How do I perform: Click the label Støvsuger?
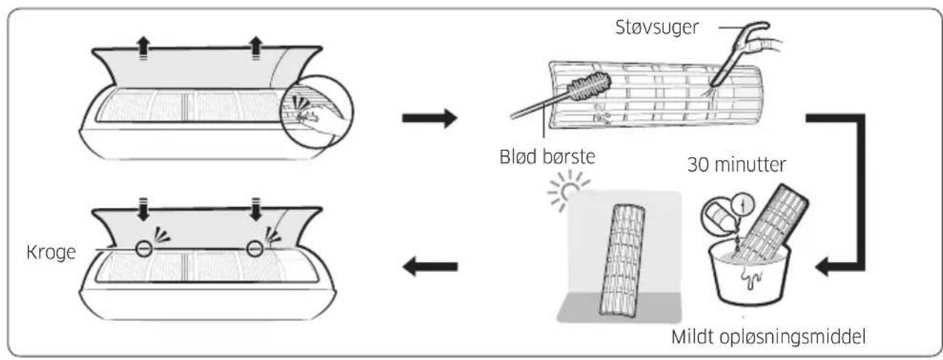[657, 28]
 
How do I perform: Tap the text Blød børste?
[547, 156]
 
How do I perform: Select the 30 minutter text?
[737, 164]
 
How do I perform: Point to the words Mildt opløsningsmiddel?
[768, 337]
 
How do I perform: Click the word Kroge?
[51, 253]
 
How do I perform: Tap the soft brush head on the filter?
[589, 86]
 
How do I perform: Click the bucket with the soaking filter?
[750, 274]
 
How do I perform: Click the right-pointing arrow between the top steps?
[429, 118]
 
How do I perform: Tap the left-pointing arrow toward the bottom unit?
[430, 266]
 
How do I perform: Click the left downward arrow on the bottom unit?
[144, 209]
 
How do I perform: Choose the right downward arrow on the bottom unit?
[256, 209]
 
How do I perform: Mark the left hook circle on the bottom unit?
[144, 249]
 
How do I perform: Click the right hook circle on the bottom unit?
[255, 249]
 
